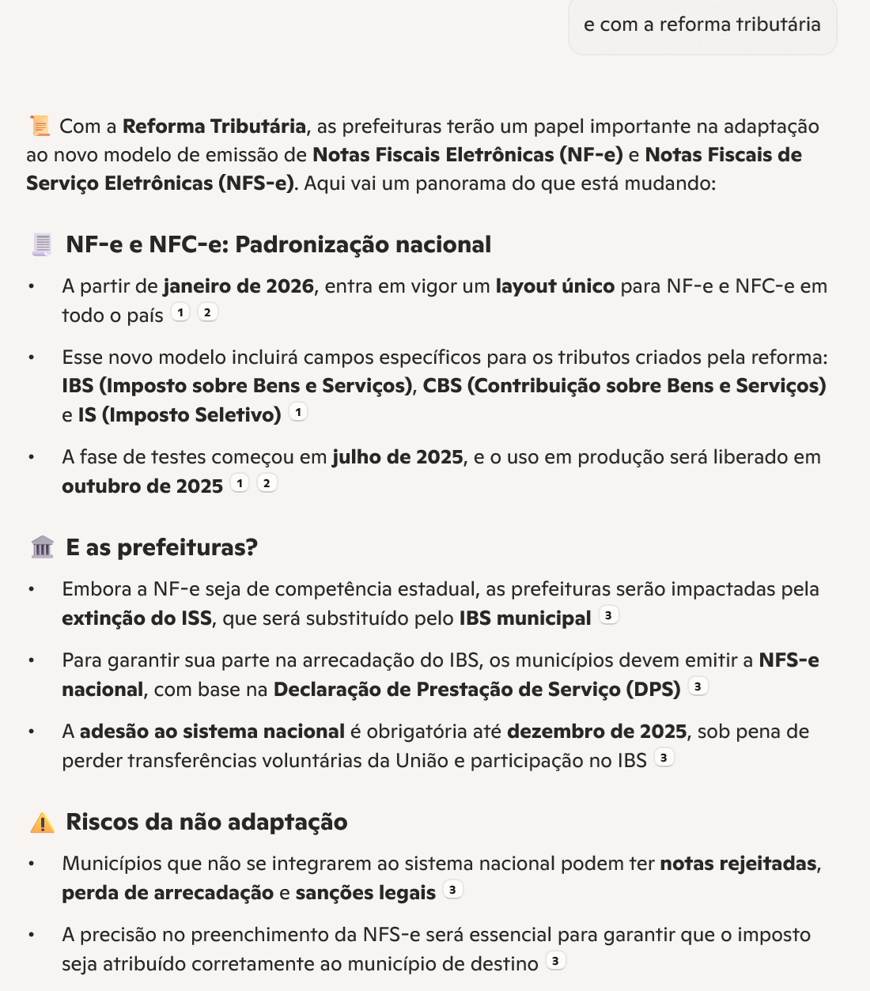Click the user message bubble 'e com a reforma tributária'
(x=702, y=25)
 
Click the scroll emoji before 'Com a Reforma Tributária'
(x=40, y=126)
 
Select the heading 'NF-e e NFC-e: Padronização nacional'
(x=278, y=244)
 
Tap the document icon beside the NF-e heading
(x=42, y=244)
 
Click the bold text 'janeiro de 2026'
(x=239, y=286)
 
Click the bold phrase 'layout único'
(x=554, y=286)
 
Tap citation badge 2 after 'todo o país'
(x=207, y=312)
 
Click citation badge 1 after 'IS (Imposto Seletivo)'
(x=298, y=412)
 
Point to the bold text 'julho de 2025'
(x=398, y=457)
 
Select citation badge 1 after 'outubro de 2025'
(x=240, y=483)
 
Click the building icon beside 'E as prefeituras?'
(x=42, y=547)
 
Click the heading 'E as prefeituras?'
(x=161, y=547)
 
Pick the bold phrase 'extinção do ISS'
(x=137, y=618)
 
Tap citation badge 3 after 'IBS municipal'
(x=608, y=615)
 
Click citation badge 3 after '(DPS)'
(x=698, y=687)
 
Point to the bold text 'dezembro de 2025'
(x=596, y=732)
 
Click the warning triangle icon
(x=42, y=823)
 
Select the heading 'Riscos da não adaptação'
(x=206, y=822)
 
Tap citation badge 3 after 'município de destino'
(x=556, y=961)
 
